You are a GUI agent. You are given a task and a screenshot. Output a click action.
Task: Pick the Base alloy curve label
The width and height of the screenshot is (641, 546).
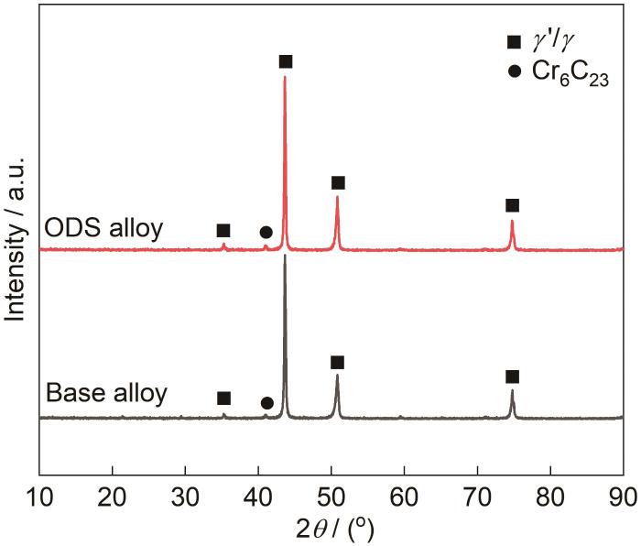[x=106, y=395]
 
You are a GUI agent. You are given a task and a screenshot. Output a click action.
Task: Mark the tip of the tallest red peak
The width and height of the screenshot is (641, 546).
[x=285, y=77]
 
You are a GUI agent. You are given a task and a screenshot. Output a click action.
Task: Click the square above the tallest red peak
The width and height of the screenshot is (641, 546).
[x=286, y=61]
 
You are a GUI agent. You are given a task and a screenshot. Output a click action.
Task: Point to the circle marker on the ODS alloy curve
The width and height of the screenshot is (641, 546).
[x=266, y=233]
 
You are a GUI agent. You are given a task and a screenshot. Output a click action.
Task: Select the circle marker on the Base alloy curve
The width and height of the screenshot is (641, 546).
[x=266, y=403]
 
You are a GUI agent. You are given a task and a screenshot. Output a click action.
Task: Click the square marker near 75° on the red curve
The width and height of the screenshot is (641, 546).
[x=512, y=205]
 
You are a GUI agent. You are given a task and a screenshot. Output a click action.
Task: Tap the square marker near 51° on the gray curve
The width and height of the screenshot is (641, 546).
[x=337, y=363]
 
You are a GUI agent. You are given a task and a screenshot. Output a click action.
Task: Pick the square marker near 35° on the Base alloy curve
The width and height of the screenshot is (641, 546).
[x=223, y=399]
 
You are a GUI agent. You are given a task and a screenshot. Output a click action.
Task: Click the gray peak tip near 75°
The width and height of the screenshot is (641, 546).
[x=512, y=391]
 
